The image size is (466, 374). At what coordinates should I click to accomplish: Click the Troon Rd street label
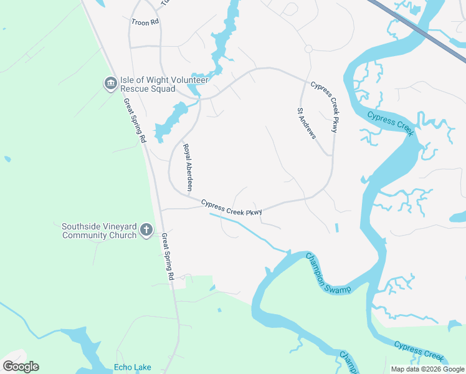click(145, 21)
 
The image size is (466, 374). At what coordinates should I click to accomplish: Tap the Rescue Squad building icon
click(110, 83)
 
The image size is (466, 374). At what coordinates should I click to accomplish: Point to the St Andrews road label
click(306, 123)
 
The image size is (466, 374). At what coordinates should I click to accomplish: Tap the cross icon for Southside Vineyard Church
click(146, 231)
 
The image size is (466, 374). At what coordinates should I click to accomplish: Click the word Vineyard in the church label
click(121, 226)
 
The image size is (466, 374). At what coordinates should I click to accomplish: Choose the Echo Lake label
click(132, 368)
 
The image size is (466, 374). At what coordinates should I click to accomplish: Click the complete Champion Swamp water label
click(328, 273)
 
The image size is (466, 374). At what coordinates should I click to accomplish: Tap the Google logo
click(21, 367)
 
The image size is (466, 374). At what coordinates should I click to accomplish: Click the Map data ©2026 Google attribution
click(427, 369)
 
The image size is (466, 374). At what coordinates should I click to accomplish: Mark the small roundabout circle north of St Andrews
click(308, 49)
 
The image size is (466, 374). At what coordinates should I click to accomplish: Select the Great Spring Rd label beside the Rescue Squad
click(134, 120)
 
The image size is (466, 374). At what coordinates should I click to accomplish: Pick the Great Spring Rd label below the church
click(168, 256)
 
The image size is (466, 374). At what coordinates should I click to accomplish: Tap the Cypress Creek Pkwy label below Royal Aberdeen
click(231, 208)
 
